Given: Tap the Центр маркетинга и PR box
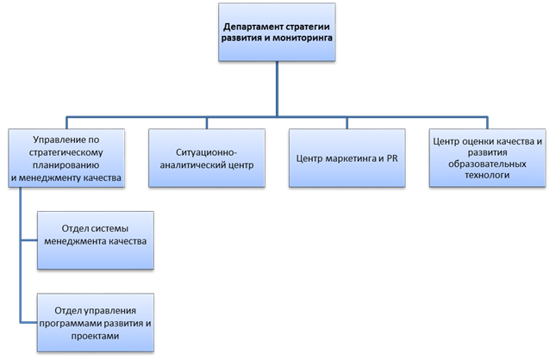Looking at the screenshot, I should coord(347,159).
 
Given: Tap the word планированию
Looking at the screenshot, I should coord(66,164).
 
